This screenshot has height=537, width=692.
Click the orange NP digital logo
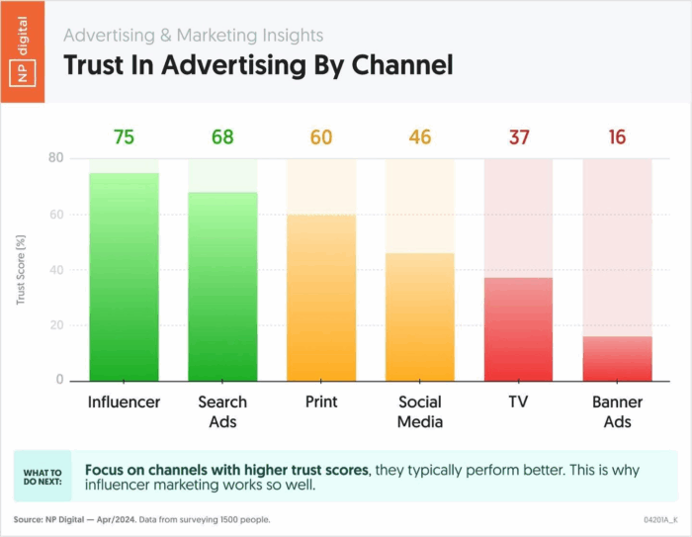click(x=23, y=50)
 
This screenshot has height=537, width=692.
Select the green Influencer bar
click(x=124, y=277)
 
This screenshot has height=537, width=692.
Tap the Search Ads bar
click(x=222, y=287)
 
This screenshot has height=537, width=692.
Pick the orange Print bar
click(x=321, y=297)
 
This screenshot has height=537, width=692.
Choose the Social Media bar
click(x=420, y=316)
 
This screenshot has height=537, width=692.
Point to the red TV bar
click(x=519, y=329)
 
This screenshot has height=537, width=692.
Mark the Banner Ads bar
click(x=618, y=359)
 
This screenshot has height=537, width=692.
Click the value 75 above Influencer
click(x=124, y=137)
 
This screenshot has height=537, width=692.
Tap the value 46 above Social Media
click(x=420, y=137)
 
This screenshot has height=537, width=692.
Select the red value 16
click(x=618, y=137)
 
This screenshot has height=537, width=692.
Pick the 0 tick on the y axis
click(x=58, y=381)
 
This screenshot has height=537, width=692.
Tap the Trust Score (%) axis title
click(x=21, y=269)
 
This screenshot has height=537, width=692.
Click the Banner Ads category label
click(x=618, y=411)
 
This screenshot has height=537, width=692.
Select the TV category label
click(x=519, y=403)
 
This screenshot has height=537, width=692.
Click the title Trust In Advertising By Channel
click(x=258, y=65)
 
